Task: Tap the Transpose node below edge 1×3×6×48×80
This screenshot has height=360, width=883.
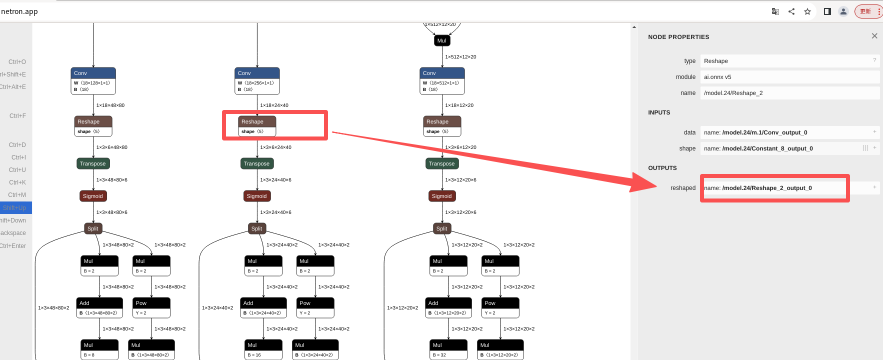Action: tap(93, 163)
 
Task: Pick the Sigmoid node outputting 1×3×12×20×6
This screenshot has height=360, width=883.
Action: tap(441, 196)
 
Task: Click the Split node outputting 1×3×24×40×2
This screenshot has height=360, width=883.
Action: tap(256, 228)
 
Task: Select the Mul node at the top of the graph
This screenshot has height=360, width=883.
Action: tap(442, 40)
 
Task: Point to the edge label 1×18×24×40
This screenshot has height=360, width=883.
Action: tap(274, 105)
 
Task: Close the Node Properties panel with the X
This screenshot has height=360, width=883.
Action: tap(874, 36)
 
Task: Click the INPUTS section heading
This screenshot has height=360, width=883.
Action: tap(659, 112)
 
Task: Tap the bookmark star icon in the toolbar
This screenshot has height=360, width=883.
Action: tap(807, 11)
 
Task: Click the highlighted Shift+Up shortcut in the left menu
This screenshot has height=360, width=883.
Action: tap(15, 207)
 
